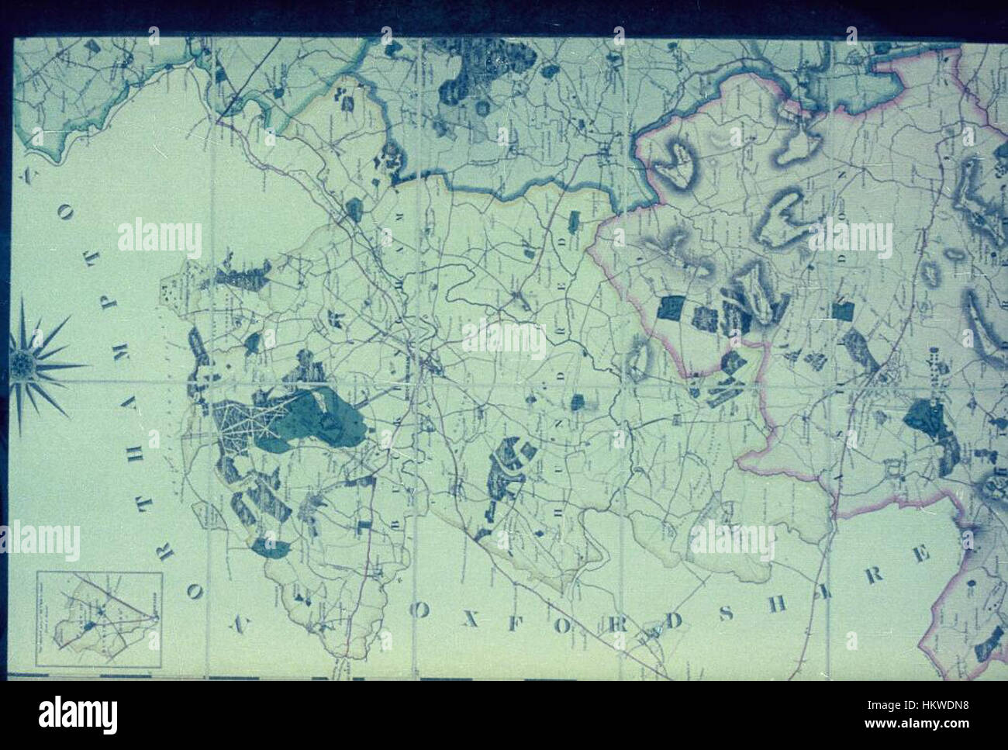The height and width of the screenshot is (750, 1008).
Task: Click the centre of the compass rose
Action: (23, 363)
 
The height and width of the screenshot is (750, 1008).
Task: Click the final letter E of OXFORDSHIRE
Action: (923, 555)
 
